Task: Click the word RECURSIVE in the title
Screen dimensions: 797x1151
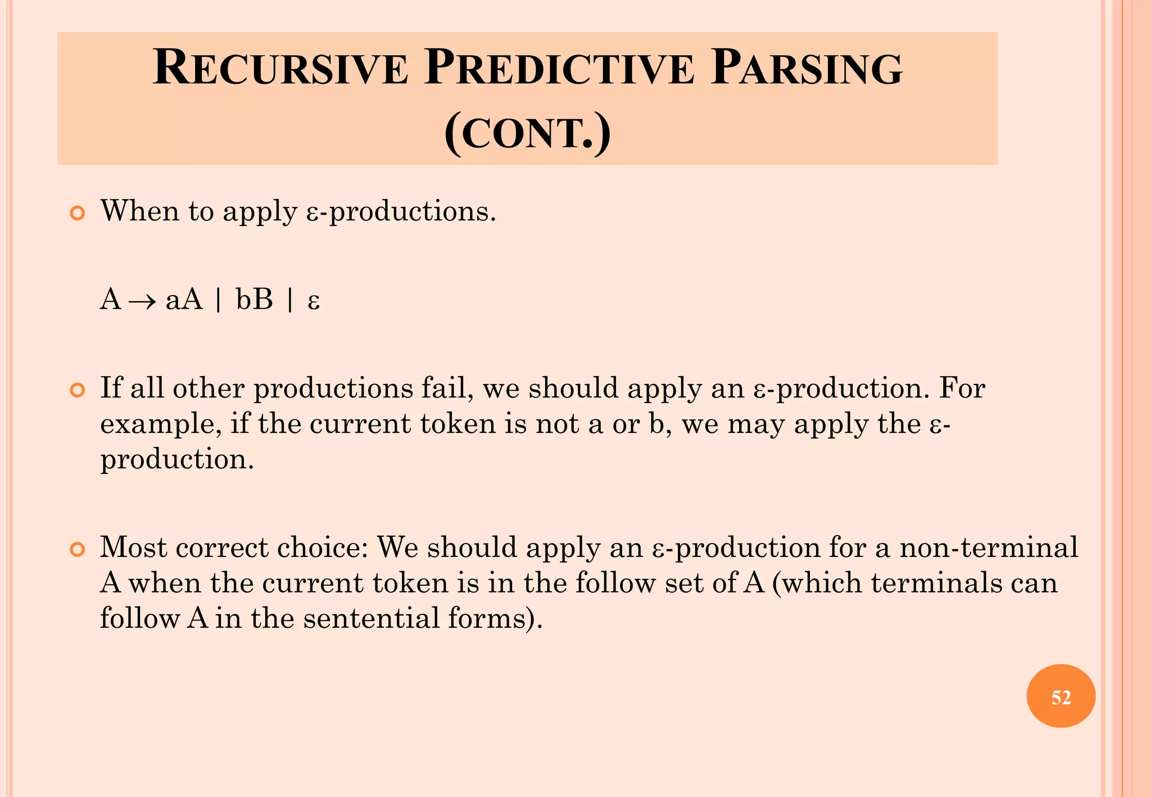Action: (279, 68)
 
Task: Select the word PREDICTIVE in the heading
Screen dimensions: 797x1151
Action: (559, 68)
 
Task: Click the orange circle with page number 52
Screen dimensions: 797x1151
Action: (1061, 697)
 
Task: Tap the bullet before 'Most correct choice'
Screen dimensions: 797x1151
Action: (77, 549)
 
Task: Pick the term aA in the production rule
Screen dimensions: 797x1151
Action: (184, 300)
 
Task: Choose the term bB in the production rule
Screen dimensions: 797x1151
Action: (254, 300)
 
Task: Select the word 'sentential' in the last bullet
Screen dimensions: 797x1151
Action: (371, 618)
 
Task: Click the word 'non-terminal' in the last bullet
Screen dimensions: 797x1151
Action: (989, 547)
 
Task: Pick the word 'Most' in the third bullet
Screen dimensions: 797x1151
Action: (133, 547)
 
